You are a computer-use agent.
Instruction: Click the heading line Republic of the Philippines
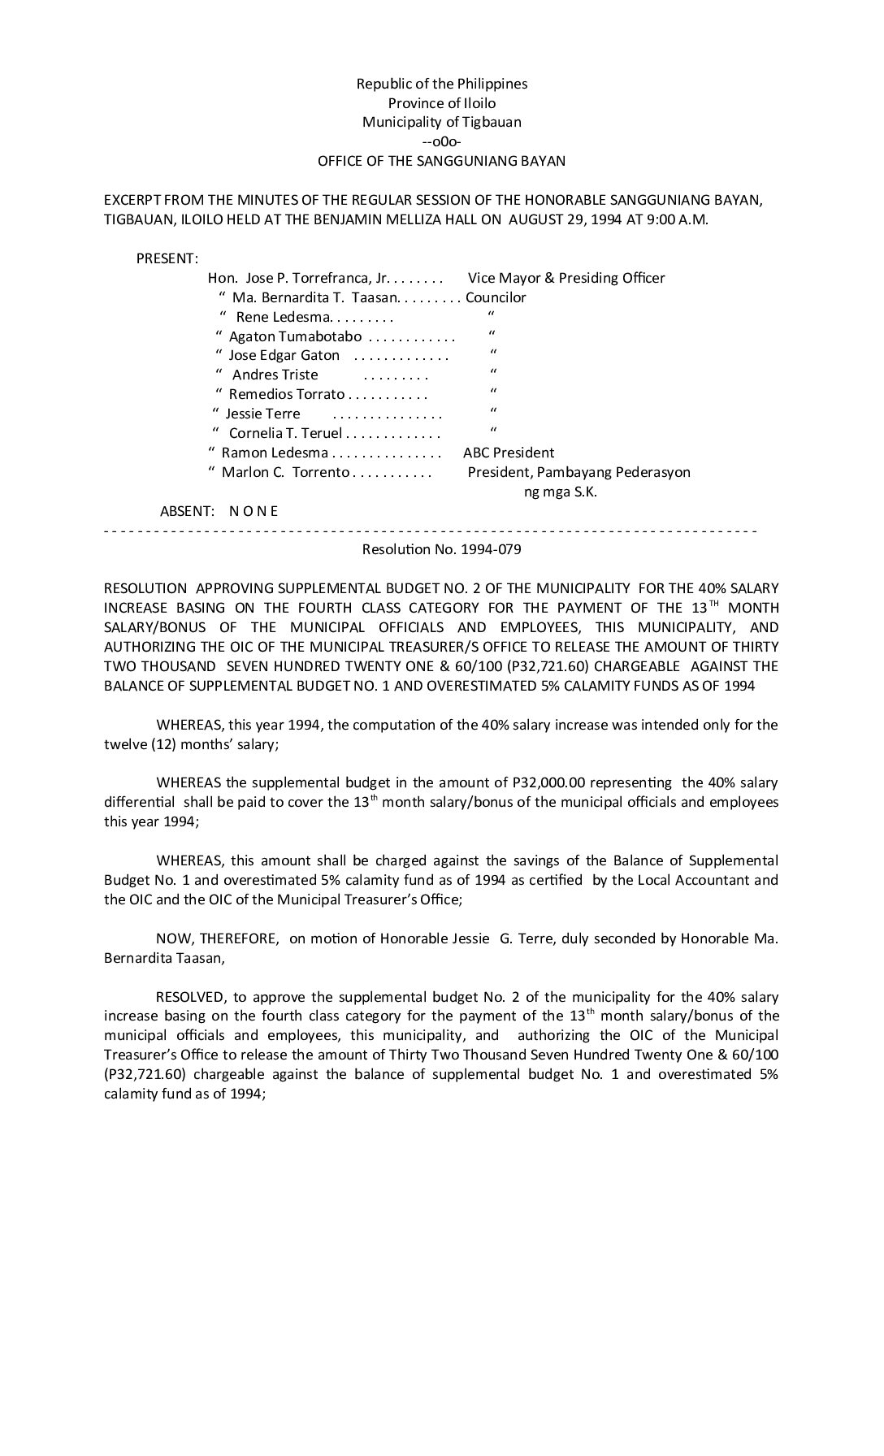tap(441, 84)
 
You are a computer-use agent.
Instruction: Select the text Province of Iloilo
tap(441, 103)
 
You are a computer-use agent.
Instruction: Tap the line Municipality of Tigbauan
tap(441, 123)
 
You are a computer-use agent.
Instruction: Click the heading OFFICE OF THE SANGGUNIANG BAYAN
tap(441, 161)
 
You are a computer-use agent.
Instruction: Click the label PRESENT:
tap(167, 258)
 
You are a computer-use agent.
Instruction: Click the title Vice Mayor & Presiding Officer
tap(566, 278)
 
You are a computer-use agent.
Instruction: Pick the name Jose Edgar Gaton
tap(284, 355)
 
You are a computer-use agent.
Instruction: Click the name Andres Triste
tap(275, 375)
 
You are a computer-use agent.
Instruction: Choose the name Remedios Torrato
tap(286, 394)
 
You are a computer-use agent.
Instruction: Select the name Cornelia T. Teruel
tap(285, 433)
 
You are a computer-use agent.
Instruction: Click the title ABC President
tap(509, 453)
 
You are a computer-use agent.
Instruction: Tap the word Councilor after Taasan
tap(496, 297)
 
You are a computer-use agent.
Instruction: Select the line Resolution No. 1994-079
tap(441, 549)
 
